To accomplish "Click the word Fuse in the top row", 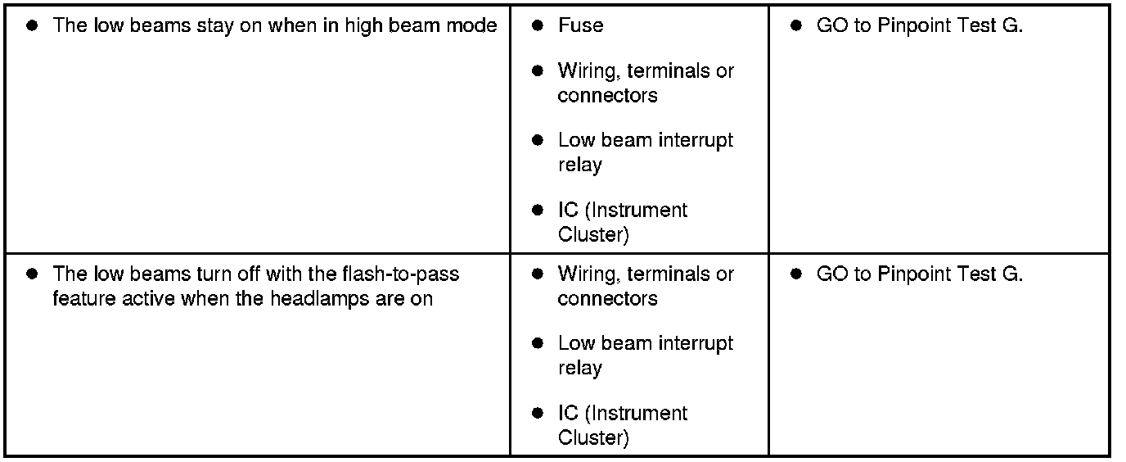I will tap(580, 25).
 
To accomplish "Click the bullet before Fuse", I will tap(538, 25).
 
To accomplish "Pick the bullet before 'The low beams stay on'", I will tap(32, 25).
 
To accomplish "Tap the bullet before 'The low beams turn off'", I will tap(32, 274).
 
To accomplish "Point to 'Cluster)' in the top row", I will tap(593, 235).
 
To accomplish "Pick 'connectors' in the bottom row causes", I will tap(607, 299).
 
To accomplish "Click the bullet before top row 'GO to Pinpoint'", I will tap(796, 25).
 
